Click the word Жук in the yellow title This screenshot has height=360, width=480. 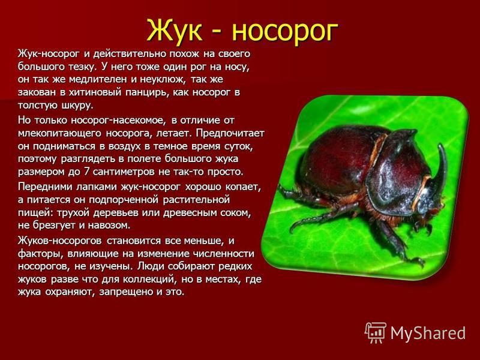(175, 31)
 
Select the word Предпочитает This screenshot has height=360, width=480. (230, 133)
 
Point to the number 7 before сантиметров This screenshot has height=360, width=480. (86, 172)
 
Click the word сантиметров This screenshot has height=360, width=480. (124, 172)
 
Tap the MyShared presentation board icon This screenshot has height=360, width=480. (376, 333)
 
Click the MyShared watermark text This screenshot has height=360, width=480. (428, 333)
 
